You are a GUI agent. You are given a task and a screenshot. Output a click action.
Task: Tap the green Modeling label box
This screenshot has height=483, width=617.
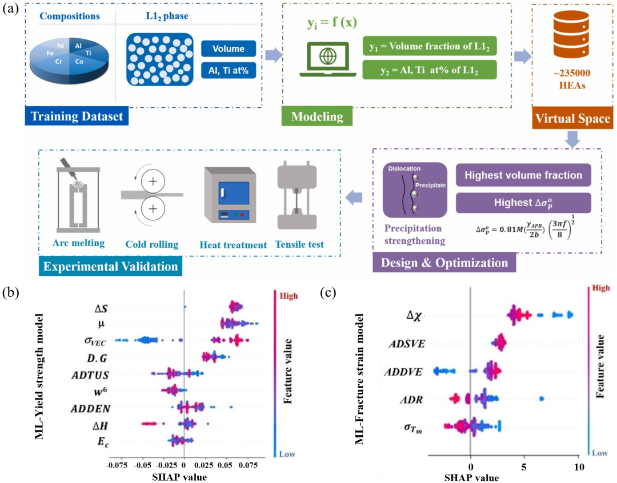click(318, 116)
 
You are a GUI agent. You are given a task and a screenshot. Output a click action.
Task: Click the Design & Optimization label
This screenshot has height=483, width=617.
click(444, 263)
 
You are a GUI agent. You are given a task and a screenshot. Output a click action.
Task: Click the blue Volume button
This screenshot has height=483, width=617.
click(229, 49)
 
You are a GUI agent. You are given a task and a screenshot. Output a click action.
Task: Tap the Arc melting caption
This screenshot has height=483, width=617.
click(80, 244)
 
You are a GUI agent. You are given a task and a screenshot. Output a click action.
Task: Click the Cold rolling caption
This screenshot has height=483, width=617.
click(152, 244)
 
